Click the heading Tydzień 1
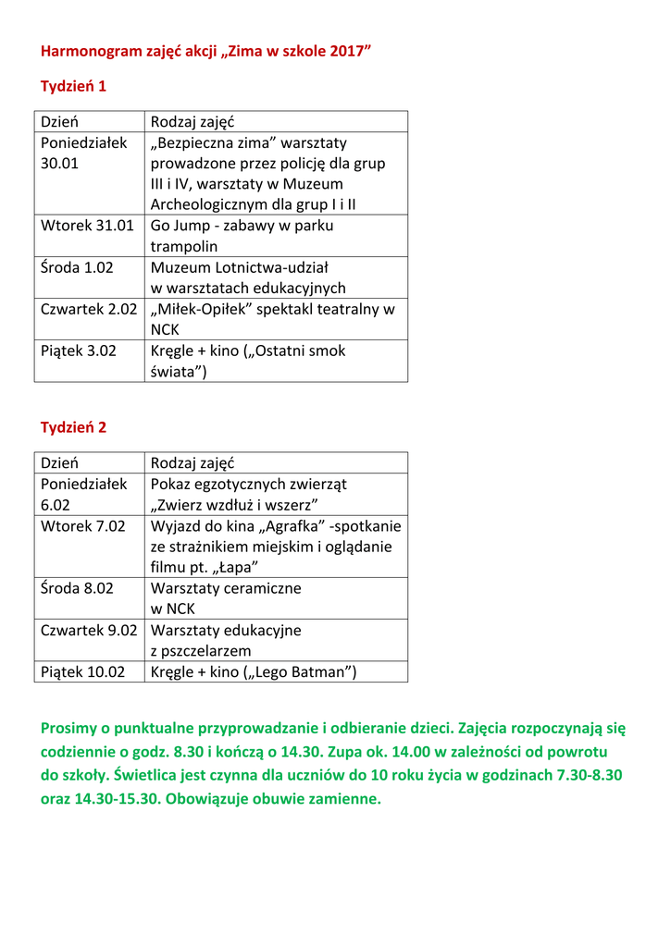pos(73,86)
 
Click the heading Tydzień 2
pos(73,427)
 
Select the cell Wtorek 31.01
pos(87,226)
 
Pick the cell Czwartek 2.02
pos(89,309)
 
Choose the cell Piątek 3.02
pos(79,351)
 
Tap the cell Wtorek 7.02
pos(82,526)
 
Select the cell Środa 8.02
pos(77,588)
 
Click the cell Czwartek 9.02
pos(89,630)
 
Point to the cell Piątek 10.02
pos(82,672)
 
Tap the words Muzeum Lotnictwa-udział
pos(233,267)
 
